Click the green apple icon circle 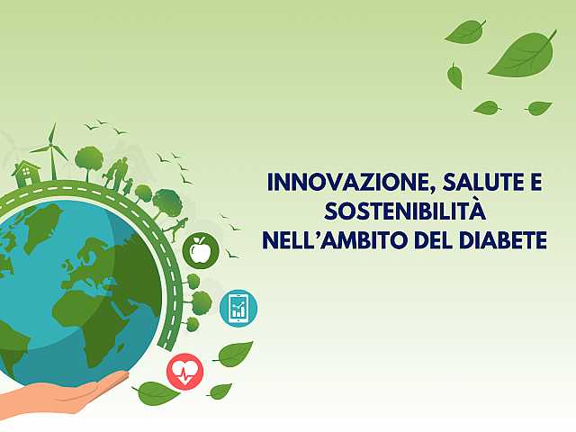click(x=200, y=249)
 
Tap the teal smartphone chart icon click(x=238, y=309)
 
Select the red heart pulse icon click(x=184, y=371)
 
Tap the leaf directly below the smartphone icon click(x=234, y=354)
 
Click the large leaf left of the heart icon click(x=156, y=392)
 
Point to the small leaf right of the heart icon click(x=220, y=391)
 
